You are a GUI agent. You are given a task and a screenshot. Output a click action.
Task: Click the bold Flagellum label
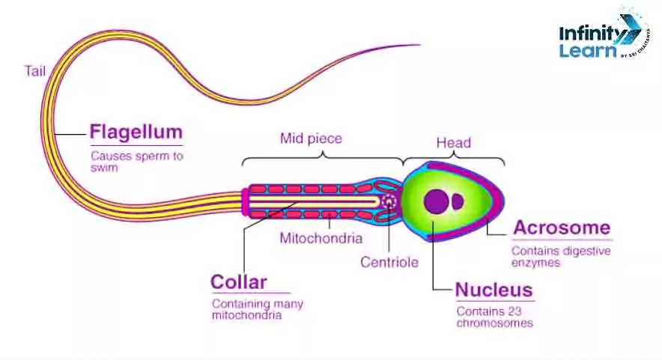[136, 132]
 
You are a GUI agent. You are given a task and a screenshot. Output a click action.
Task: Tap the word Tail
[35, 71]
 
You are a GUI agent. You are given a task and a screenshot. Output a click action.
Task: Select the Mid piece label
[311, 138]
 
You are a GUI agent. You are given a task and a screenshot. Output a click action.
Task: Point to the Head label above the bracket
[453, 142]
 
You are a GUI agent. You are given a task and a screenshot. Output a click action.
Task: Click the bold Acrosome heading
[561, 228]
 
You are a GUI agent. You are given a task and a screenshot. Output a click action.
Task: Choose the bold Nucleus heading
[494, 290]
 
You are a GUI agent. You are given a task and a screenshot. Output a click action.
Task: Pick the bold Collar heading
[238, 282]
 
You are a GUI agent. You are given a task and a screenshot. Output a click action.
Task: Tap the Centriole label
[389, 262]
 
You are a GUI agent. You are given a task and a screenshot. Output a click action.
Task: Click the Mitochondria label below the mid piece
[321, 239]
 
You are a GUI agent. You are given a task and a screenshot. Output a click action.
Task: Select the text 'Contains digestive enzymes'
[560, 257]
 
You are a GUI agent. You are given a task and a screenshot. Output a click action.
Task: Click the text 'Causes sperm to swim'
[136, 162]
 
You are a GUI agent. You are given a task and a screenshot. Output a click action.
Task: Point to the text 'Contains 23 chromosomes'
[494, 317]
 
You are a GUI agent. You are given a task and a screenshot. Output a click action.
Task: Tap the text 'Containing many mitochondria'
[257, 310]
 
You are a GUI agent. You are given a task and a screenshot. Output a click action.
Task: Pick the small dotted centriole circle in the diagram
[389, 201]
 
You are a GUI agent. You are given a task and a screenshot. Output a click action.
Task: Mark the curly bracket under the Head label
[454, 158]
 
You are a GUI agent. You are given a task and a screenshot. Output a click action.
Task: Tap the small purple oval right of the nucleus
[457, 201]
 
